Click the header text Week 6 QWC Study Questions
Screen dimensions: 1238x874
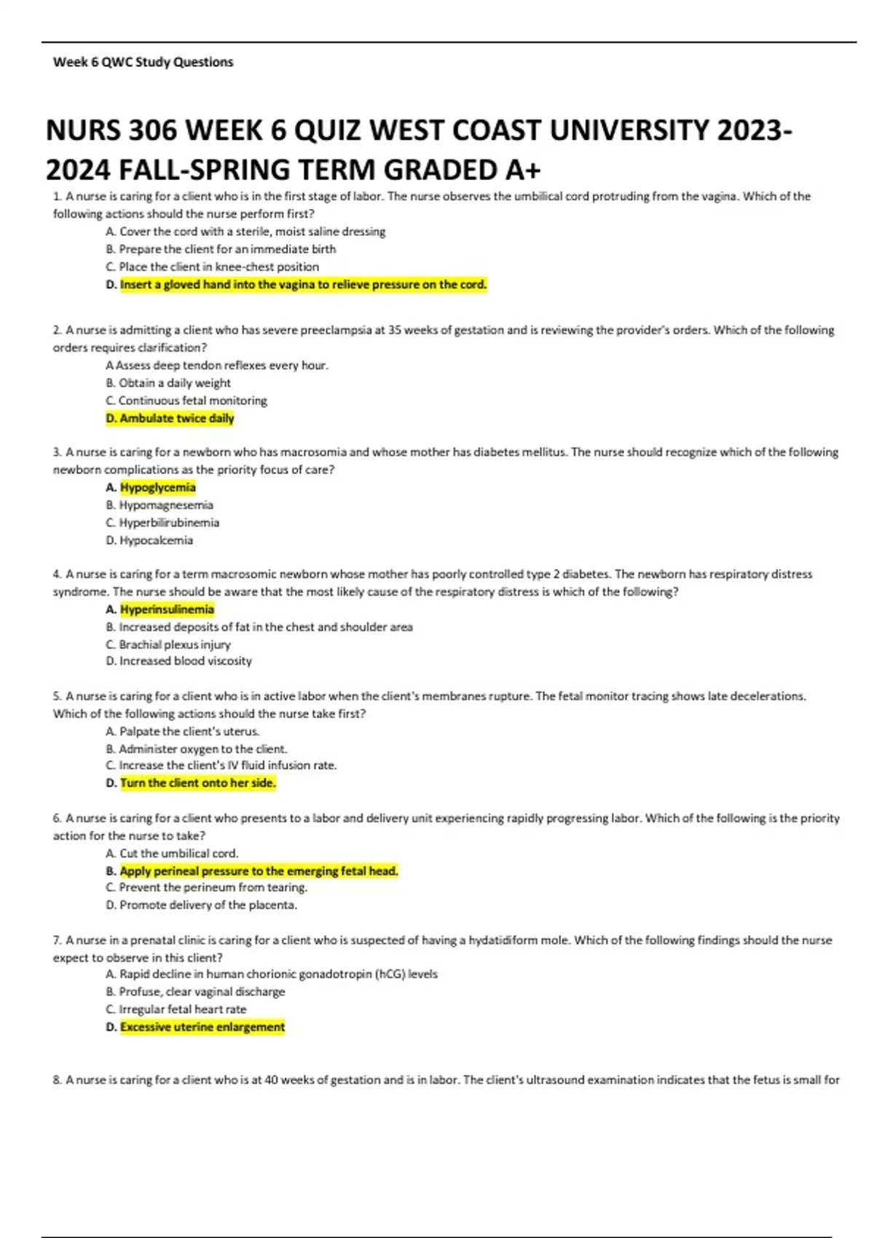[x=143, y=62]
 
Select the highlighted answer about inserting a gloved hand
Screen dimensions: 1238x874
[x=303, y=284]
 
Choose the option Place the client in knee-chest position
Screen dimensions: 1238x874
[x=219, y=267]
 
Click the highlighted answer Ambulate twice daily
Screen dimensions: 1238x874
[x=176, y=418]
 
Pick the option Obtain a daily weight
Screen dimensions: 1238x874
[x=175, y=383]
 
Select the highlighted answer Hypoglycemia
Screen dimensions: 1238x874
[x=157, y=487]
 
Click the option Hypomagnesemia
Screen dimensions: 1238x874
[x=166, y=505]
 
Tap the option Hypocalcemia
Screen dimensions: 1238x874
[x=156, y=540]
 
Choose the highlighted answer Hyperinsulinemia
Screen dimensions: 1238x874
[x=167, y=610]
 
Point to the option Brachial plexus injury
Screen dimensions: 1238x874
[x=175, y=644]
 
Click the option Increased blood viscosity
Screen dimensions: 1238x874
[x=186, y=661]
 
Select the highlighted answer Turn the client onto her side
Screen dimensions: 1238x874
[x=197, y=783]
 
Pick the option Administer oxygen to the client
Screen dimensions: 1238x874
[x=203, y=749]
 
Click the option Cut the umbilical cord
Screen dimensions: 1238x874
[x=178, y=853]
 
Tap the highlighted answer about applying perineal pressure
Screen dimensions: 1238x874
[x=259, y=871]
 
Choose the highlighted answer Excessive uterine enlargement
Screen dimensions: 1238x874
[x=202, y=1027]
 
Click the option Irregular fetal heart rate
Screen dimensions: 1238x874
[x=183, y=1009]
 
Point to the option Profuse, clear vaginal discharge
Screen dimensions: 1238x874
[x=202, y=992]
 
